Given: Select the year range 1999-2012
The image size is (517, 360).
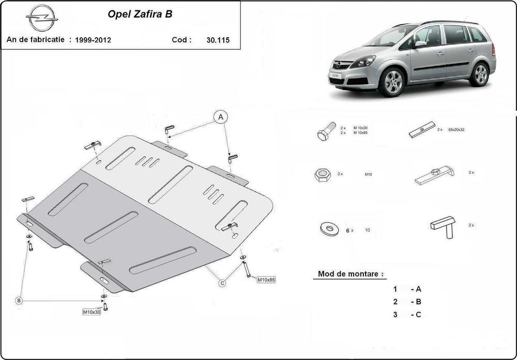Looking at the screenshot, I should point(93,39).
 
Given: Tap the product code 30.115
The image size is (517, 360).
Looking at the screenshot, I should point(218,39).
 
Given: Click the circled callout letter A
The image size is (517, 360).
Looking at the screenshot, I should point(221,118).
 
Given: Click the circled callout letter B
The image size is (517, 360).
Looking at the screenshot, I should point(19,301).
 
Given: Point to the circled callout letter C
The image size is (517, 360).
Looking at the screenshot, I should point(222,282).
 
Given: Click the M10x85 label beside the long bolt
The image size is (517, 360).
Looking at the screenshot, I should point(266,280).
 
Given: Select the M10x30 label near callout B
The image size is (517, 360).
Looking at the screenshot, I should point(92,312).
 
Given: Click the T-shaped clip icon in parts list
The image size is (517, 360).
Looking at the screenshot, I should point(444,227).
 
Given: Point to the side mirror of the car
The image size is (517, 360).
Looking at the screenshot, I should point(419,44).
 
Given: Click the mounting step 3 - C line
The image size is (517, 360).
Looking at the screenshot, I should point(407,314).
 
